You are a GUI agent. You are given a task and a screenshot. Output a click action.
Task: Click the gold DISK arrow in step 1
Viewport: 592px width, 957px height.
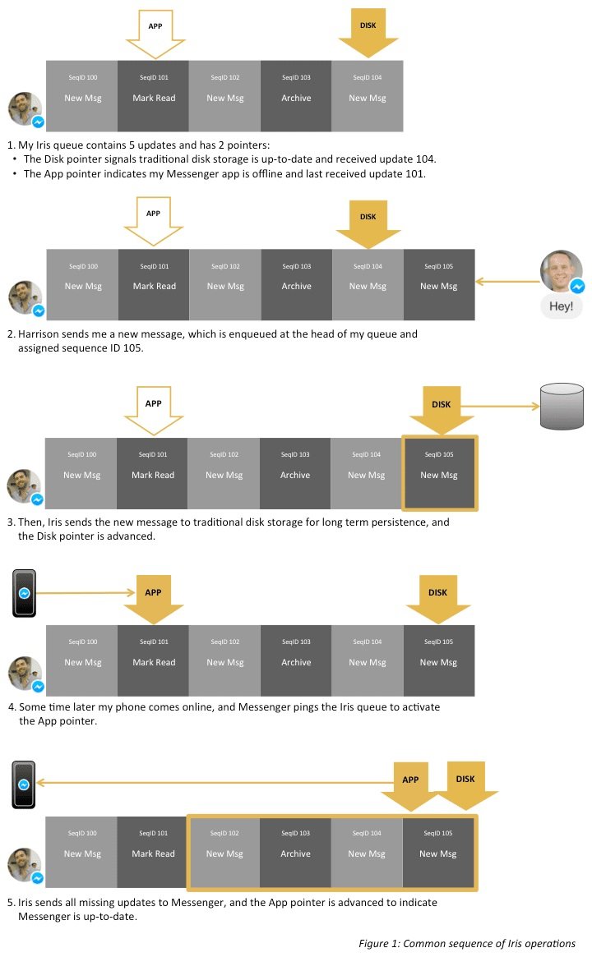click(368, 31)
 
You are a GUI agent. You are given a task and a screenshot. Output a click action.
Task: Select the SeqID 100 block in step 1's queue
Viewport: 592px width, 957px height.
click(82, 96)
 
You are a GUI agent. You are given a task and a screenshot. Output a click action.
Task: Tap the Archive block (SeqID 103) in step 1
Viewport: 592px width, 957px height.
click(296, 96)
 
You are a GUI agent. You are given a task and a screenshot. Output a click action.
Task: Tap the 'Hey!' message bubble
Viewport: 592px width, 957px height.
click(562, 307)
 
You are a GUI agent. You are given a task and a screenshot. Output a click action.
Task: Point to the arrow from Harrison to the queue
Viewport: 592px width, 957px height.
click(506, 282)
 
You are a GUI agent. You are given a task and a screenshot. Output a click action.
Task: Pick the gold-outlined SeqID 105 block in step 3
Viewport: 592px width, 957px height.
click(439, 473)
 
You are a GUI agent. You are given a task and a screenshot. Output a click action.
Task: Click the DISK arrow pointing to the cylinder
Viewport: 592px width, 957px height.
click(442, 411)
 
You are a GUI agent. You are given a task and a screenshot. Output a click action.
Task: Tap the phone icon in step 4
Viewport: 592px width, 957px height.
click(25, 593)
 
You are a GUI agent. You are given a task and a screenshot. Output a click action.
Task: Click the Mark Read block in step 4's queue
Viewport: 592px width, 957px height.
click(154, 661)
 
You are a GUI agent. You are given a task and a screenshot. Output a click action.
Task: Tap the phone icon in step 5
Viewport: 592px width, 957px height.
click(24, 784)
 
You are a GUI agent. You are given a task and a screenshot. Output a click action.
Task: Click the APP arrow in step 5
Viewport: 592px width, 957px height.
click(409, 787)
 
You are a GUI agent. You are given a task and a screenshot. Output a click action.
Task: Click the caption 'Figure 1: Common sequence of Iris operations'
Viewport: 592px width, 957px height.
click(466, 943)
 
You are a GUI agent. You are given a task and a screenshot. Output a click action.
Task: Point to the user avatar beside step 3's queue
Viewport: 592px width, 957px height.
click(25, 486)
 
